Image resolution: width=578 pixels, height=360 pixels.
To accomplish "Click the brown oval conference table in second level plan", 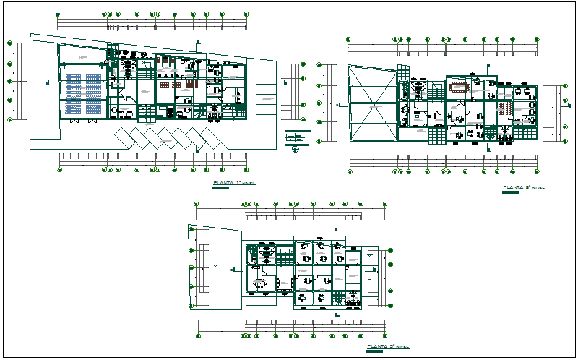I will [458, 88].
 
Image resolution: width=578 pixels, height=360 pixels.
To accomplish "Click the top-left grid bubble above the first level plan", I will [59, 14].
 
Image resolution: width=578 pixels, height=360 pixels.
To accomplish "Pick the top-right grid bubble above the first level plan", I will [246, 14].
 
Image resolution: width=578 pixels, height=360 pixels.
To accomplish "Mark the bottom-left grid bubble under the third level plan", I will [198, 335].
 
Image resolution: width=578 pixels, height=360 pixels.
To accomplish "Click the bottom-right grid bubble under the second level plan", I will [535, 172].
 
